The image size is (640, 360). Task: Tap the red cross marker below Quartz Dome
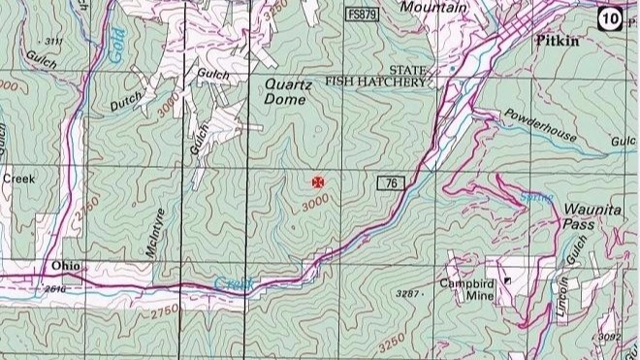pyautogui.click(x=317, y=181)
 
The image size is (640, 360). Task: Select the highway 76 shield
pyautogui.click(x=389, y=183)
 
